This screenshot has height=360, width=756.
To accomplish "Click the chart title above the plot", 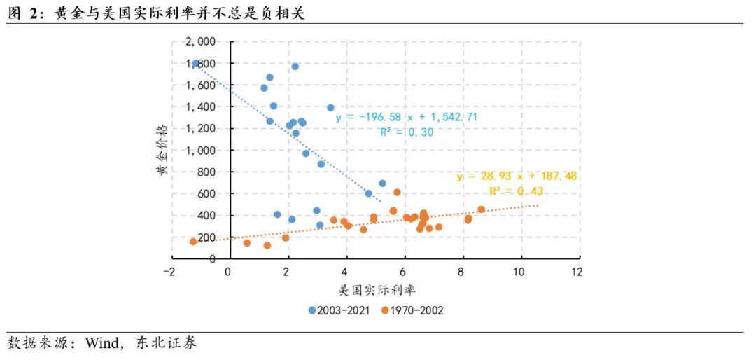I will point(156,12).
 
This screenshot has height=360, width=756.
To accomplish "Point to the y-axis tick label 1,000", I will point(203,151).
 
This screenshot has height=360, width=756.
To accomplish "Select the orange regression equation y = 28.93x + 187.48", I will point(517,176).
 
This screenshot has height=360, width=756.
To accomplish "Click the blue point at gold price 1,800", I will point(196,63).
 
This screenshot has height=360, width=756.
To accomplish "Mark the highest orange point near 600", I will point(397,192).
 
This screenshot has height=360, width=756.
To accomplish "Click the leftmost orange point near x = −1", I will point(193,242).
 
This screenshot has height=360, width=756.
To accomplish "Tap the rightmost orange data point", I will point(481,209).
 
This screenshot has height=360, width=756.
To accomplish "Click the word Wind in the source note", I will point(101,343).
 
